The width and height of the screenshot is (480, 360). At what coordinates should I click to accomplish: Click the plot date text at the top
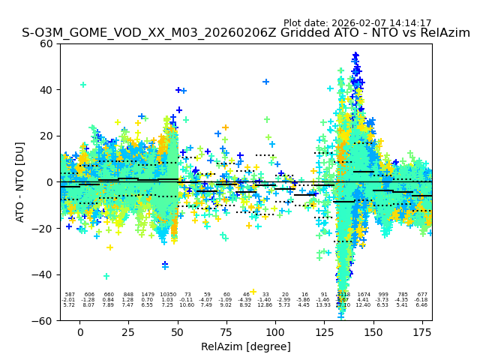coord(357,23)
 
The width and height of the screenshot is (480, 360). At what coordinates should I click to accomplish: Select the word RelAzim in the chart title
coord(441,33)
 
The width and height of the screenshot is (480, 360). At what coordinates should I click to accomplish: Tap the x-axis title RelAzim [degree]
coord(247,346)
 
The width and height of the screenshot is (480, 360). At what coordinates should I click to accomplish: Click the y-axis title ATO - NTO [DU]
coord(20,181)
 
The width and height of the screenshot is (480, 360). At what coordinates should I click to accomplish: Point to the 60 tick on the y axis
coord(47,43)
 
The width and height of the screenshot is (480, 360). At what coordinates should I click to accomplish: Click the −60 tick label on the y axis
coord(44,320)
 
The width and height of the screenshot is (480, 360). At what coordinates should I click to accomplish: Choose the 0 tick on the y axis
coord(50,181)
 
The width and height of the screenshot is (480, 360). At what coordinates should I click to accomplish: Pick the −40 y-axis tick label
coord(44,274)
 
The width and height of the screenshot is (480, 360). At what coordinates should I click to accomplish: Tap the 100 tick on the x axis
coord(275,331)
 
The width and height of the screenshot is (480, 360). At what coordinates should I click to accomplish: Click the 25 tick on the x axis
coord(128,331)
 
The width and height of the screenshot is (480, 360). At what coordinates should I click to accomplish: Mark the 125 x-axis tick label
coord(324,331)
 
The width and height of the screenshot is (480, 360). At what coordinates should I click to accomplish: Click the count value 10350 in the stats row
coord(167,295)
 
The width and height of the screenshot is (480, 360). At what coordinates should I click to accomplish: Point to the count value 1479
coord(148,295)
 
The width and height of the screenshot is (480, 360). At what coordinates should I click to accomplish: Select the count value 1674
coord(364,295)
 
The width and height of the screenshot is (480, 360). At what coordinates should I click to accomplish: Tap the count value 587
coord(70,295)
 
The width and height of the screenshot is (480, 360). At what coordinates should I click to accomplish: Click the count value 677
coord(422,295)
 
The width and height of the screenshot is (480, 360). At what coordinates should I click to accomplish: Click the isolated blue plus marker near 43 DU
coord(265,82)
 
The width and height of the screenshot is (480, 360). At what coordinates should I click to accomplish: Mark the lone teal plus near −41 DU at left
coord(106,276)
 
